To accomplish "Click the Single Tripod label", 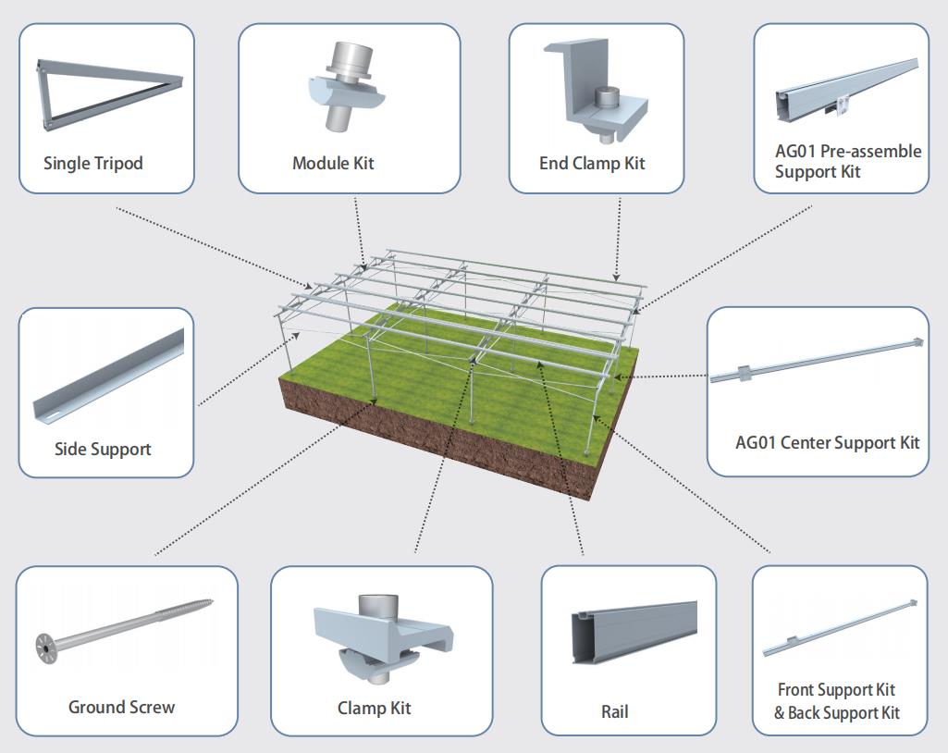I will point(93,164).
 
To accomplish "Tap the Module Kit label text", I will point(333,164).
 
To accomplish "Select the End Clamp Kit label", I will point(592,164).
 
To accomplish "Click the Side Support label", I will point(103,450).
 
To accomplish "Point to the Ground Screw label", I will point(121,708).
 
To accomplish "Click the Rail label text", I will point(615,712).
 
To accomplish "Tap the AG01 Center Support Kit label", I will point(827,442).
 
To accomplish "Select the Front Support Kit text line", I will point(837,690).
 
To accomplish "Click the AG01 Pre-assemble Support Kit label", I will point(847,162).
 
